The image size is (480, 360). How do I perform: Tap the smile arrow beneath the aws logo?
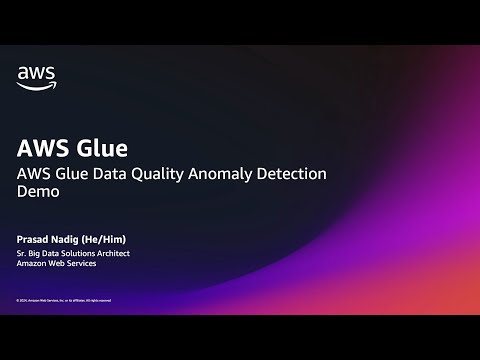tap(36, 85)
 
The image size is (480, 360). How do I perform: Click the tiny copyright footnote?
tap(63, 300)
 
